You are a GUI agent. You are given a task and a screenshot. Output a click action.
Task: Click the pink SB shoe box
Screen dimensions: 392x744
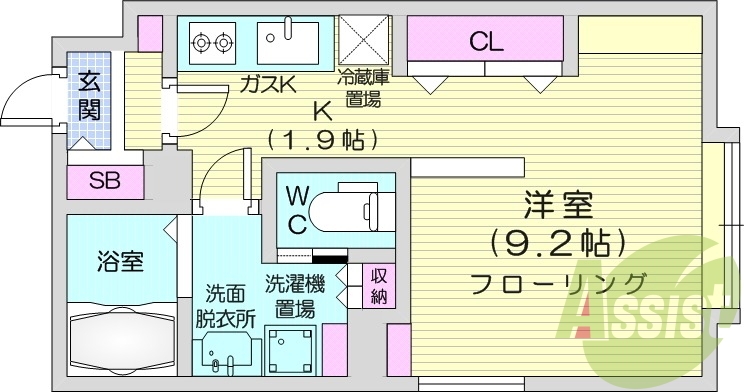(102, 181)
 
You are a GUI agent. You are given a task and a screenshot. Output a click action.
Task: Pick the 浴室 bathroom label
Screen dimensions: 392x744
(120, 263)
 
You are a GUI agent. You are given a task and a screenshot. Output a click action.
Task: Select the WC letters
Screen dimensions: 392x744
(298, 208)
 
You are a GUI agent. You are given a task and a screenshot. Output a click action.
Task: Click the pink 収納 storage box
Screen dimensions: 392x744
(380, 286)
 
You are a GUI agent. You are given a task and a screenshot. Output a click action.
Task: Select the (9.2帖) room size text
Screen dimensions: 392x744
(558, 241)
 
